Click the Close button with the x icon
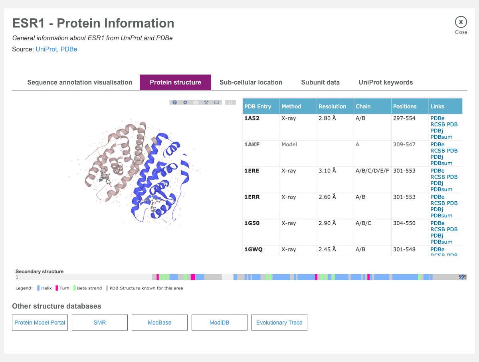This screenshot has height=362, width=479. [x=461, y=22]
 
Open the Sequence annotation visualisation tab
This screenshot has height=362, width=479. [x=79, y=83]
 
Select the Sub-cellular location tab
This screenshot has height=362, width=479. [x=251, y=83]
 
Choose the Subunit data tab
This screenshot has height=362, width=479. [x=320, y=83]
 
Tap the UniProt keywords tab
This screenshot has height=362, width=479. [x=386, y=83]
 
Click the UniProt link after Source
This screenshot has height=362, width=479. [x=46, y=49]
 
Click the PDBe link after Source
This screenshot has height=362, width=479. [x=69, y=49]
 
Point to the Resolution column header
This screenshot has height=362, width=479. [x=332, y=106]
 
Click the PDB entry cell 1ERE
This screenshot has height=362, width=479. [x=252, y=171]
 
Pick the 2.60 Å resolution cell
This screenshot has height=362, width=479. [x=327, y=197]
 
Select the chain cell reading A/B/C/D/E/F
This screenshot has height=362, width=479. [x=372, y=171]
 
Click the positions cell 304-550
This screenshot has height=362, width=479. [x=404, y=223]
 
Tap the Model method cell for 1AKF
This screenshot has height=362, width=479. [x=289, y=144]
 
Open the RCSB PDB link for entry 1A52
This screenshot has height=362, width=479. [x=444, y=124]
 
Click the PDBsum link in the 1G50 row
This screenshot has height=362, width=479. [x=441, y=242]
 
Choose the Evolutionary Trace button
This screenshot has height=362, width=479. [x=279, y=323]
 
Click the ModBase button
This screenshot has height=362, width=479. [x=160, y=323]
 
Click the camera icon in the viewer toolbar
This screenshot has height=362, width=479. [x=196, y=102]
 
